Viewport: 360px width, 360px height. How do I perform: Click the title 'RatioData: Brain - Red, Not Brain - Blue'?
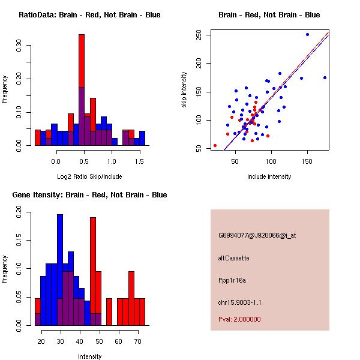click(x=89, y=15)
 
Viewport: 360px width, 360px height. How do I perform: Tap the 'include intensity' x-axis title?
click(x=269, y=176)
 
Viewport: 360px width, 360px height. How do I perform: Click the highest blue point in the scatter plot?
click(x=307, y=35)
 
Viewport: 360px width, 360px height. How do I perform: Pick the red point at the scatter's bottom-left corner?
click(x=215, y=145)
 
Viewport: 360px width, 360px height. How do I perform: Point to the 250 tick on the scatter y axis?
click(x=199, y=35)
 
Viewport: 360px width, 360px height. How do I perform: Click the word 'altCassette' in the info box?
click(x=233, y=258)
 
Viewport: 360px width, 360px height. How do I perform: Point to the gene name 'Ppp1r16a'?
click(x=232, y=280)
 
